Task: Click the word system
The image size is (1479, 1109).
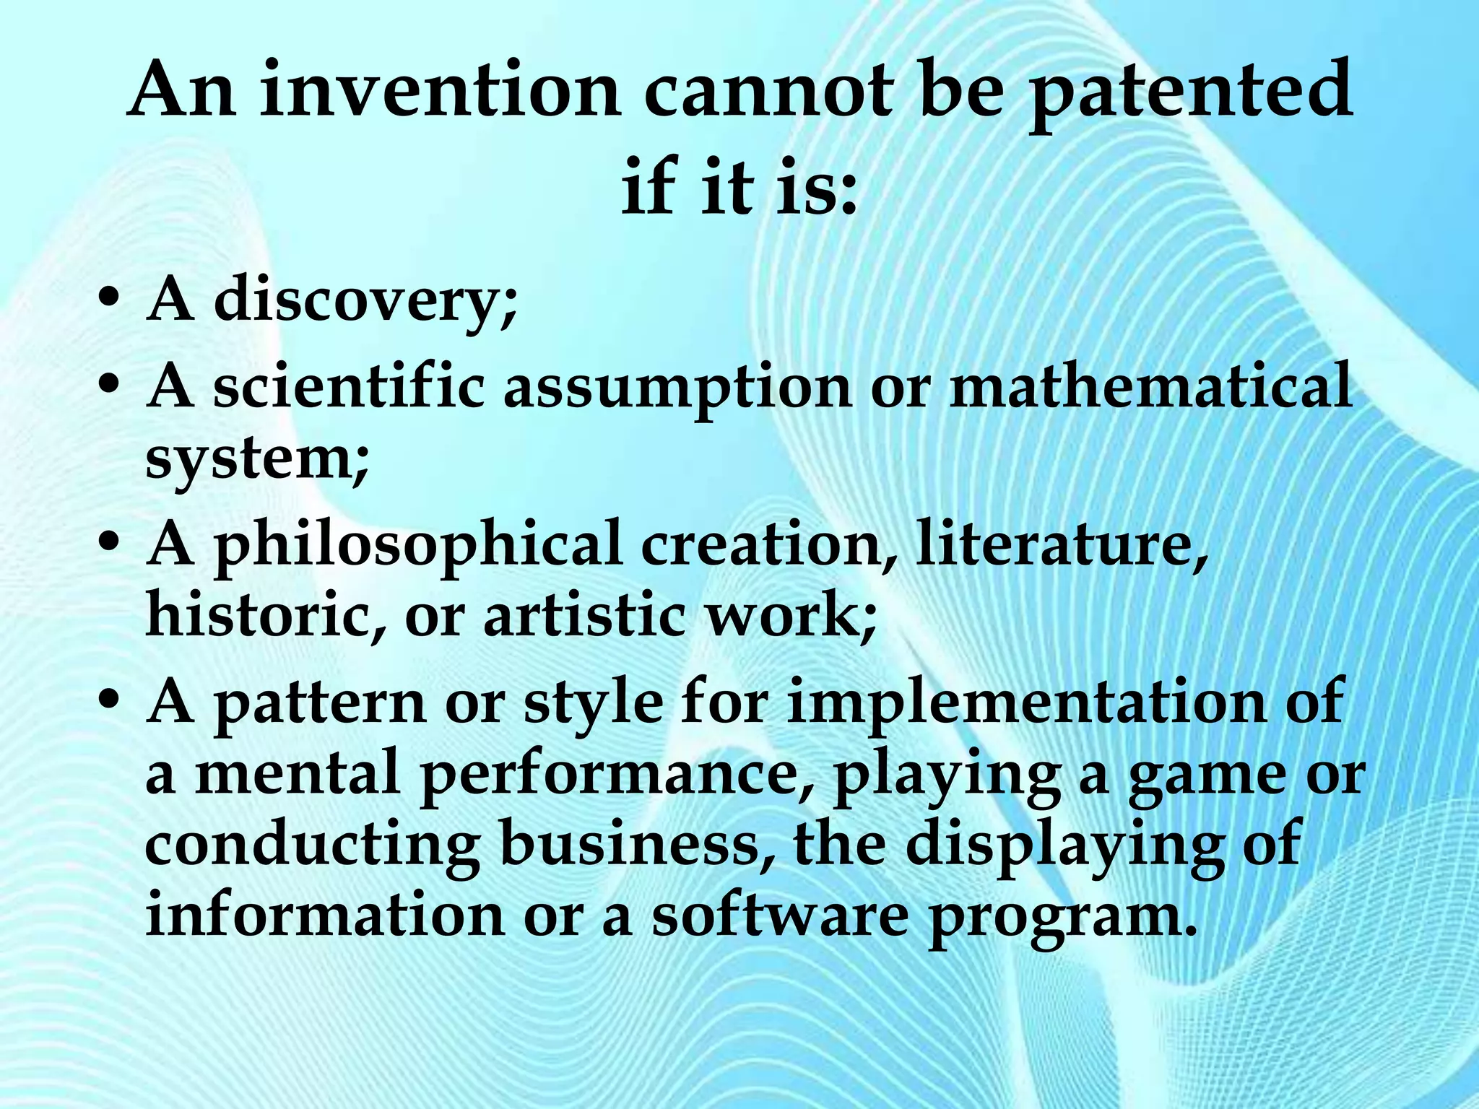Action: [256, 458]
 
